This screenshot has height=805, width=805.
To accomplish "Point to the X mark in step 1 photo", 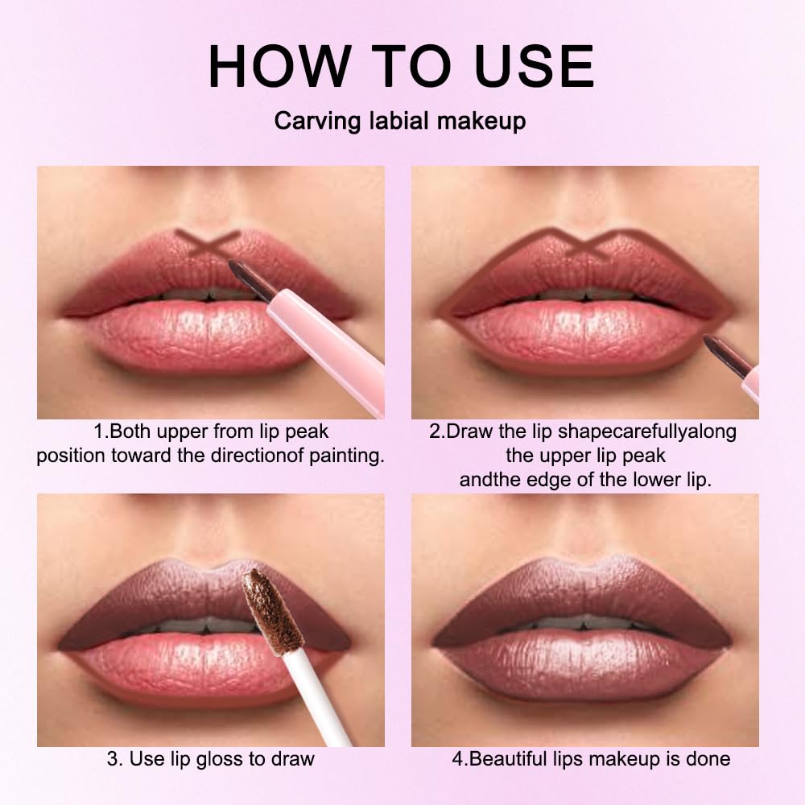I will tap(208, 243).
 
